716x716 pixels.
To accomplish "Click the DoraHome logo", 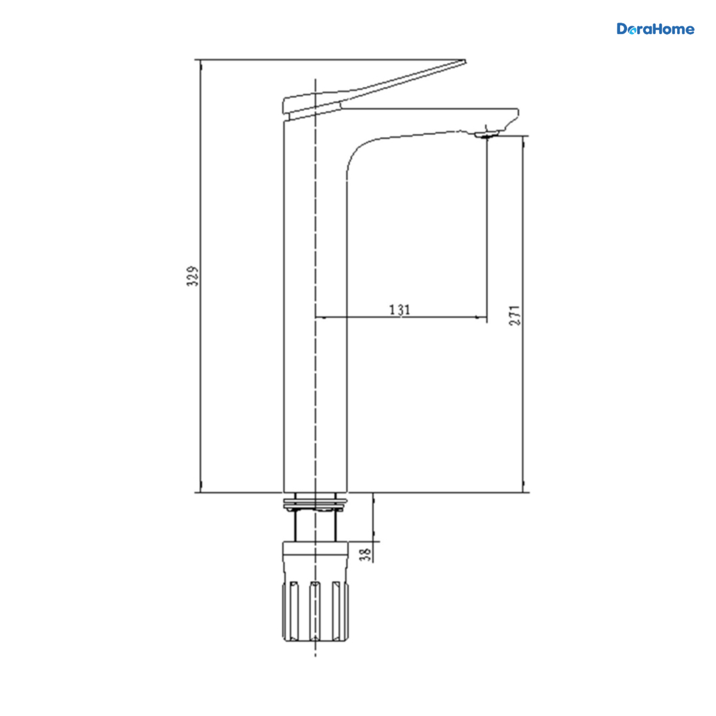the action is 655,29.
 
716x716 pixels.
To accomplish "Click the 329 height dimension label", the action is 193,276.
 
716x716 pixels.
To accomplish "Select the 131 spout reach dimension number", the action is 400,310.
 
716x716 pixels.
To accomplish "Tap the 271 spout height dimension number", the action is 515,316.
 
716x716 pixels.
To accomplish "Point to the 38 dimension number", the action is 366,554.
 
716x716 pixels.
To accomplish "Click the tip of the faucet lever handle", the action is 465,60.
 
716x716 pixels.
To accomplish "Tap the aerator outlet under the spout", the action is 487,135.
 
